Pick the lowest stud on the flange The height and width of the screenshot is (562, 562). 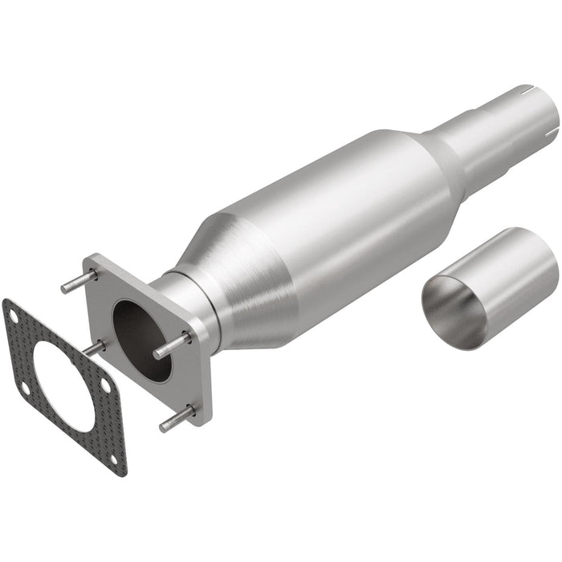click(x=176, y=418)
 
